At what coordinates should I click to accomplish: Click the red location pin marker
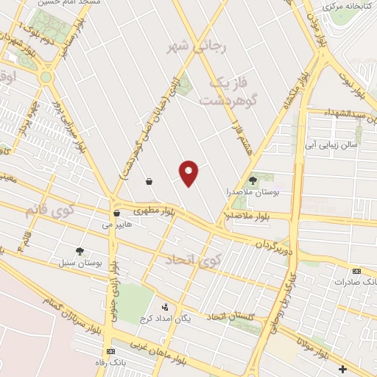coord(189,172)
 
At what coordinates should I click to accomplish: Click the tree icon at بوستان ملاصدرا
coord(253,180)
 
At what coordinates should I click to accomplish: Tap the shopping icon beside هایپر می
coord(116,213)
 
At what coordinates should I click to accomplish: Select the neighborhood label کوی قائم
coord(50,211)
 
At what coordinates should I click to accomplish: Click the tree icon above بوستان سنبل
coord(80,251)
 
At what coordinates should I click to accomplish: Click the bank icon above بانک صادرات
coord(357,270)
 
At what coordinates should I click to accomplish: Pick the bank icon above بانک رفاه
coord(110,351)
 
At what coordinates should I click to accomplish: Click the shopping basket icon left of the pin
coord(149,180)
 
